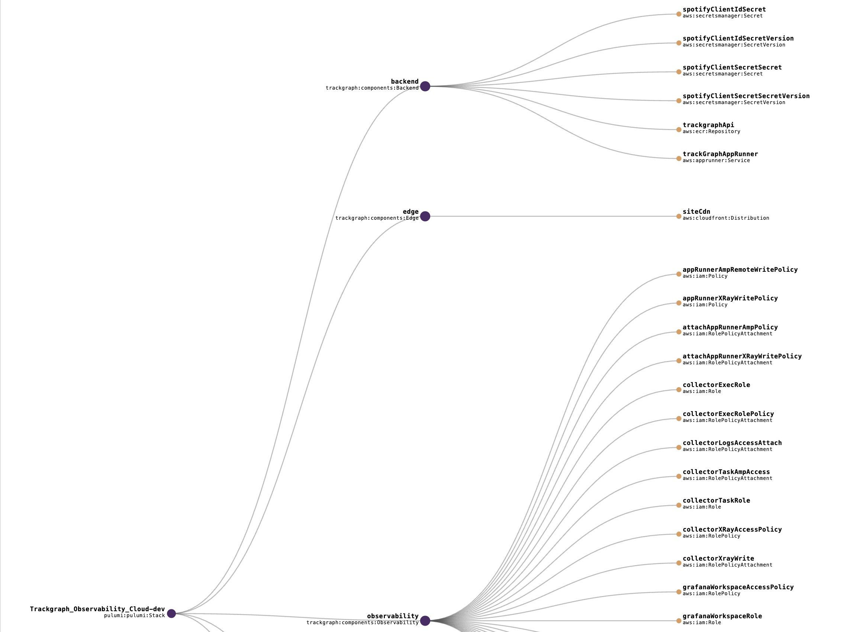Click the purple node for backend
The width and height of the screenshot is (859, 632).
tap(425, 87)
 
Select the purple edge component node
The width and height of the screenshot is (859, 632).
tap(425, 216)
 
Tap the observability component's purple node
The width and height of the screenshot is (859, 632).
tap(425, 620)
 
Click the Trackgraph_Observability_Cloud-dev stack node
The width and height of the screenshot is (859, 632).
tap(171, 614)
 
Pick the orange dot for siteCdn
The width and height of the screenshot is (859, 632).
tap(678, 216)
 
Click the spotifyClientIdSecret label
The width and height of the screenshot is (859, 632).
tap(724, 10)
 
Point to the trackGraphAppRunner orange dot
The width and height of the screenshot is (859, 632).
tap(678, 159)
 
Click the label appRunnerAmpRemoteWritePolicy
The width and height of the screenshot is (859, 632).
tap(740, 270)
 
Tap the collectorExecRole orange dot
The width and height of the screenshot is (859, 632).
tap(678, 390)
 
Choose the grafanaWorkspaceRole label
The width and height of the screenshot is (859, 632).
tap(722, 616)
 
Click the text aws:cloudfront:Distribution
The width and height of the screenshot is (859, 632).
tap(726, 218)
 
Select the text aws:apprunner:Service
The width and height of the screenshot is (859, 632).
tap(716, 161)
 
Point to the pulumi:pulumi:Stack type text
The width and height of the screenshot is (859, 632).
tap(134, 616)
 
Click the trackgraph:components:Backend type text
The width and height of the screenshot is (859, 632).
tap(372, 88)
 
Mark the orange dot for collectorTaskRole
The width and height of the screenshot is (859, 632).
tap(678, 505)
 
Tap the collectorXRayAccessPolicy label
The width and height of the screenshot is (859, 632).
tap(732, 529)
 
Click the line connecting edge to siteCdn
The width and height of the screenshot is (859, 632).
tap(551, 216)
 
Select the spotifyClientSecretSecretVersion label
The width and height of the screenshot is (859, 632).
tap(746, 96)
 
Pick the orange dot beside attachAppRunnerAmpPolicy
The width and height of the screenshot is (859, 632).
tap(678, 332)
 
